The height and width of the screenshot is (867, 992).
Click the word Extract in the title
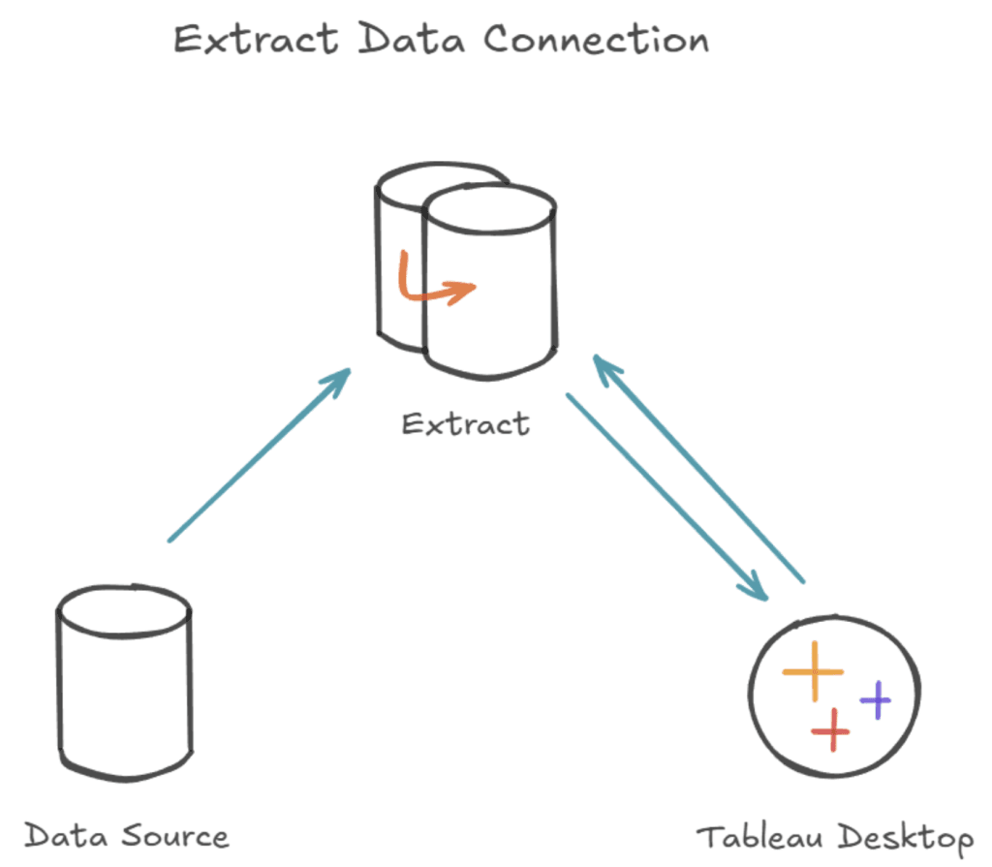pyautogui.click(x=255, y=40)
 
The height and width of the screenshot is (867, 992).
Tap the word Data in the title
pyautogui.click(x=414, y=40)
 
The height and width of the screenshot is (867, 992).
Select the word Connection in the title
pyautogui.click(x=596, y=40)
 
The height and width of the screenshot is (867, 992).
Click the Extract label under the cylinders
pyautogui.click(x=465, y=423)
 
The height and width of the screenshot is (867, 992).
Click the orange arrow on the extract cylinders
pyautogui.click(x=435, y=281)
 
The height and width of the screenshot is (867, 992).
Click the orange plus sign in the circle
pyautogui.click(x=813, y=671)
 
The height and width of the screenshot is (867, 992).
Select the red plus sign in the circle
pyautogui.click(x=830, y=728)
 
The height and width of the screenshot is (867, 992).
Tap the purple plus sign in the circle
pyautogui.click(x=876, y=698)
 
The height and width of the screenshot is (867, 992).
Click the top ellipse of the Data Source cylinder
pyautogui.click(x=124, y=605)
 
